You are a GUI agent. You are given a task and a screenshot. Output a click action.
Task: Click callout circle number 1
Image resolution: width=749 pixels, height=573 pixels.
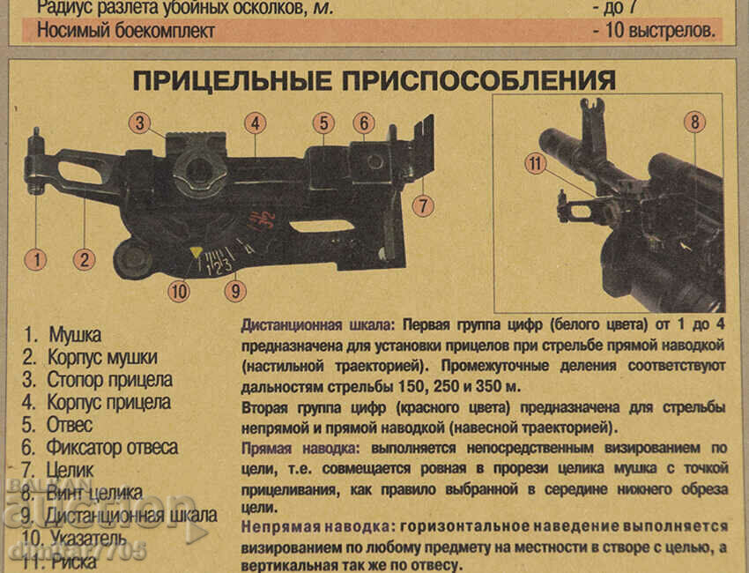[35, 259]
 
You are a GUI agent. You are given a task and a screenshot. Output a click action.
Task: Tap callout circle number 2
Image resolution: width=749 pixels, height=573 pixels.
[85, 259]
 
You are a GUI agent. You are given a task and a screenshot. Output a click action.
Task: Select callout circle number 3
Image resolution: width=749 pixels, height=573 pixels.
[139, 123]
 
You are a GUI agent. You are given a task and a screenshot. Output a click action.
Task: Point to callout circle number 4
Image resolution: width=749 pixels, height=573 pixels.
[256, 123]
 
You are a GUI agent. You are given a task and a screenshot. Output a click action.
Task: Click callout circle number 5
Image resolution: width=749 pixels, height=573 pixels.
[323, 123]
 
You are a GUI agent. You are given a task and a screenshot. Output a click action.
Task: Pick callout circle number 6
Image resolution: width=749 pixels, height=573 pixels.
[364, 123]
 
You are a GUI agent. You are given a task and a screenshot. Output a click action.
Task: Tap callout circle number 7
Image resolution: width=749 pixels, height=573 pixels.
[424, 205]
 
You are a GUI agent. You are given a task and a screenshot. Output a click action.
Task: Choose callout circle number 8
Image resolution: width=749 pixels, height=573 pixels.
[694, 123]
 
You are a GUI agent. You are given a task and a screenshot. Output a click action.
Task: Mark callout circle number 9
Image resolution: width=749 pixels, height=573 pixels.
[234, 290]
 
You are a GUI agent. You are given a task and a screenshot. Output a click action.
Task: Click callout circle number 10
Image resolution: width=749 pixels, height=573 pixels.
[179, 290]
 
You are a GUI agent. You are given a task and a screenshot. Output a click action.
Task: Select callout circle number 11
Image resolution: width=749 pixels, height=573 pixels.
[536, 163]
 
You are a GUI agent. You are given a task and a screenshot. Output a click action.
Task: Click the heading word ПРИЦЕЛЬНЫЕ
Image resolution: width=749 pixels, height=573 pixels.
[233, 80]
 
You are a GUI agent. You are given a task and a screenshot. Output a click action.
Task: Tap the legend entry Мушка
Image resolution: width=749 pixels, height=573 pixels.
[75, 335]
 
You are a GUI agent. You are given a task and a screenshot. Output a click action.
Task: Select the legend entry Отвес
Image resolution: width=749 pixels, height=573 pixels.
[70, 426]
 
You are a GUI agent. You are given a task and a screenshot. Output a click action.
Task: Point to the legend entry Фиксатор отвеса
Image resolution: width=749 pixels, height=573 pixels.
[113, 448]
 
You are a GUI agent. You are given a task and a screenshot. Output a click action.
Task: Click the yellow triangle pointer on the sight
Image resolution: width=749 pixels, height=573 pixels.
[196, 253]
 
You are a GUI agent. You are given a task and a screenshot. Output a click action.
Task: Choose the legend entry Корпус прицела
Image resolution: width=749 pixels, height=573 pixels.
[109, 403]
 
